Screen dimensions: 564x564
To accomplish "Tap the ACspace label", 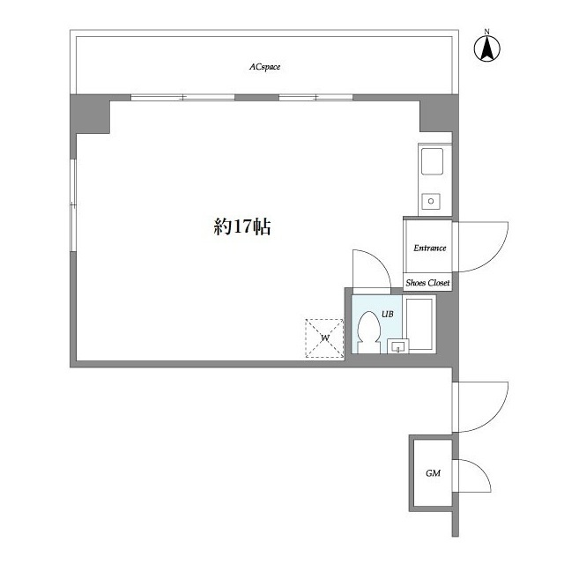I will (x=264, y=66).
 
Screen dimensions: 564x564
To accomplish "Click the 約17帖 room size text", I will (x=241, y=226).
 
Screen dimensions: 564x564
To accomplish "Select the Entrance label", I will (x=429, y=248).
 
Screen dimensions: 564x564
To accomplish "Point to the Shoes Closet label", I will (x=427, y=283).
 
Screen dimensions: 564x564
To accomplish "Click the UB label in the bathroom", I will (x=388, y=313).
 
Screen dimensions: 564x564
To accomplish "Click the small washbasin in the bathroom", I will (x=398, y=345).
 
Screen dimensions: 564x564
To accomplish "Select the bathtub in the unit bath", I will (x=420, y=323).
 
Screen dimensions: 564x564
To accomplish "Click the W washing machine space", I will (x=323, y=338).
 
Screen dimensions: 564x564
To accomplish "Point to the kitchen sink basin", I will (x=433, y=163).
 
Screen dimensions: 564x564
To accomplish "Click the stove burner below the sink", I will (x=431, y=201).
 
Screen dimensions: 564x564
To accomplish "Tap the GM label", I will (x=433, y=473).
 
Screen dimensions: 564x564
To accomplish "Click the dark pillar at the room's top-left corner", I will (x=89, y=115).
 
